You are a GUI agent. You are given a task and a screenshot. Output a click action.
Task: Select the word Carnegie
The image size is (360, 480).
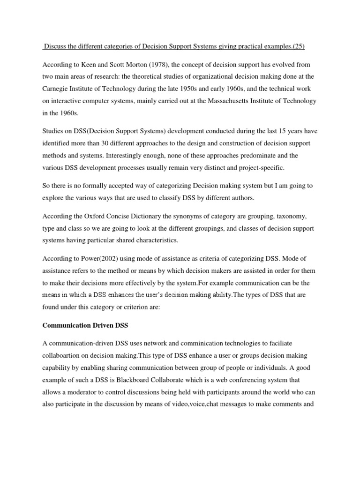[57, 89]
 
